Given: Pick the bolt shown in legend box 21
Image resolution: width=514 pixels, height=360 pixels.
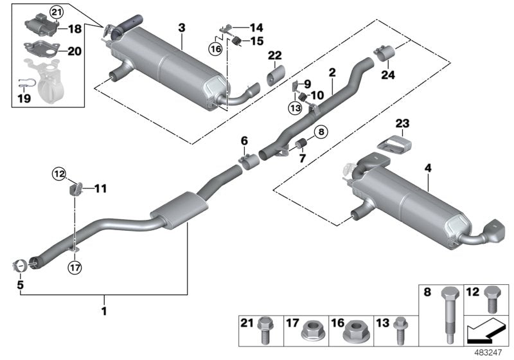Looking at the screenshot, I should (265, 331).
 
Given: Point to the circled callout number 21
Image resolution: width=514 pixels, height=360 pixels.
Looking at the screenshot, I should (57, 12).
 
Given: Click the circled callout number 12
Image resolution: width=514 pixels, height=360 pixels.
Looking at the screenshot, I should (59, 173).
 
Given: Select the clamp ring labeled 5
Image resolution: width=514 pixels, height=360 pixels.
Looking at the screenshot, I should (22, 264).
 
